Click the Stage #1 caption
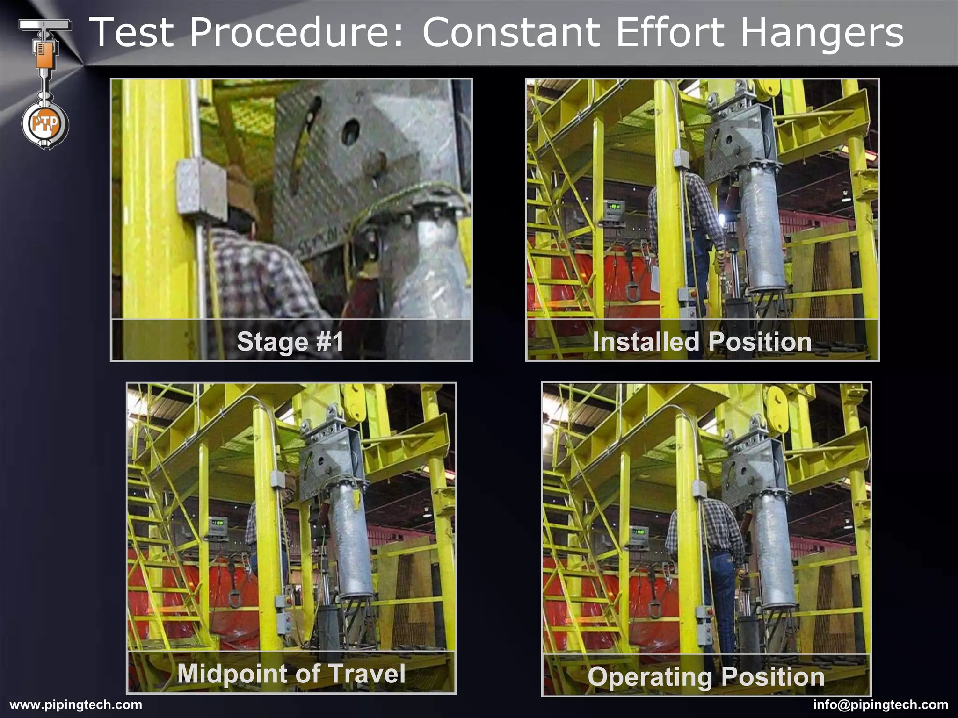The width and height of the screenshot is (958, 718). point(290,341)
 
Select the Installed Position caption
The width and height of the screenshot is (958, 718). point(702,341)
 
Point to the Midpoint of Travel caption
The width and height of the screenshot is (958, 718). point(291,673)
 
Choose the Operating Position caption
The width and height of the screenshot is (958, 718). point(706,676)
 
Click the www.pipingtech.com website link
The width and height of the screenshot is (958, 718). point(76,704)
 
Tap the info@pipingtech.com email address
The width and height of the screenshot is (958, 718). point(880,704)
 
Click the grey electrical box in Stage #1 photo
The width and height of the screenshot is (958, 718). point(200,187)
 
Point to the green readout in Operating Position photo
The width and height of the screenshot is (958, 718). point(638,531)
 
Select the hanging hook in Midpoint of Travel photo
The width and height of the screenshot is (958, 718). point(234,599)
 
